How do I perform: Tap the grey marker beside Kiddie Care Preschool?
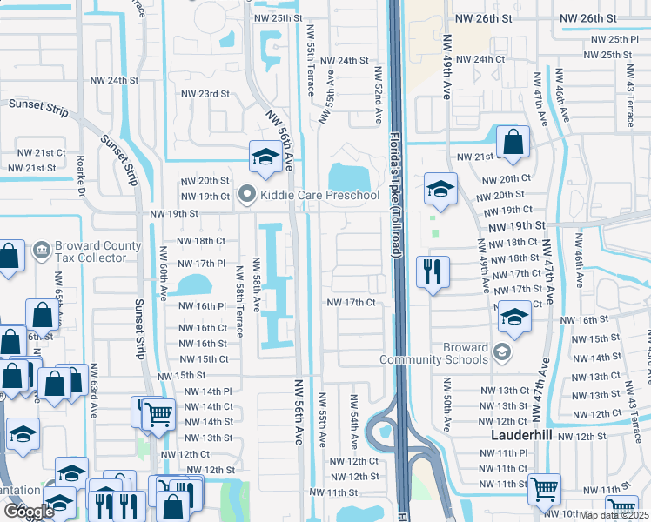(247, 195)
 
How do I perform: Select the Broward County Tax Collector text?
(98, 251)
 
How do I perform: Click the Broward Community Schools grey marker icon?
(500, 352)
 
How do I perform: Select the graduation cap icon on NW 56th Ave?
(264, 157)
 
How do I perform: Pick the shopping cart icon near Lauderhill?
(544, 489)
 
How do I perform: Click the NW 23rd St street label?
(205, 94)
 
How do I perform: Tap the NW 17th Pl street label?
(201, 263)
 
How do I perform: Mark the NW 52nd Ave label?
(379, 95)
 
